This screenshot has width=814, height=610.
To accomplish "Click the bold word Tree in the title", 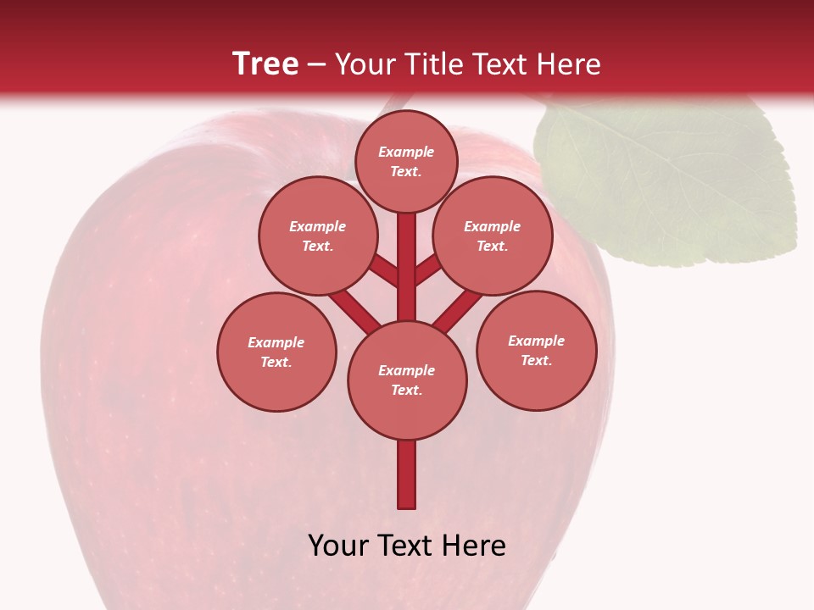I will pyautogui.click(x=265, y=64).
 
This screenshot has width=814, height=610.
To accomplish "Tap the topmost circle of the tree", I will pyautogui.click(x=406, y=161).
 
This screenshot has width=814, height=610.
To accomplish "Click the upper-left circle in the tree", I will pyautogui.click(x=317, y=236).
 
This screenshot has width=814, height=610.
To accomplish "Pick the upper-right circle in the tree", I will pyautogui.click(x=493, y=236).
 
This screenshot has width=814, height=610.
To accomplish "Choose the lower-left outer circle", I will pyautogui.click(x=276, y=352).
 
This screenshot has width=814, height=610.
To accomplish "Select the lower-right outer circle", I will pyautogui.click(x=536, y=350).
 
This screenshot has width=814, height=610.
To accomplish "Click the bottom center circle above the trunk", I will pyautogui.click(x=407, y=380).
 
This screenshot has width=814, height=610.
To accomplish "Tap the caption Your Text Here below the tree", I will pyautogui.click(x=407, y=546).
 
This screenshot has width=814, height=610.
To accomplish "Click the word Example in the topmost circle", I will pyautogui.click(x=406, y=152).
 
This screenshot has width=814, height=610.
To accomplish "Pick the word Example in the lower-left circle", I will pyautogui.click(x=276, y=342).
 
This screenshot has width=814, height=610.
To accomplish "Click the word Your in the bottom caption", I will pyautogui.click(x=338, y=546).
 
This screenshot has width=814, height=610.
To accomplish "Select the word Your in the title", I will pyautogui.click(x=365, y=64).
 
